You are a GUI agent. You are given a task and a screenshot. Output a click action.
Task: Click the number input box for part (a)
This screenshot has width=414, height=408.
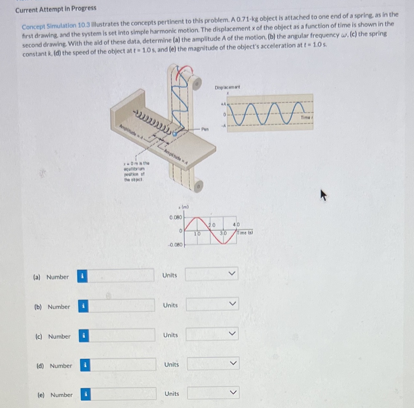click(121, 276)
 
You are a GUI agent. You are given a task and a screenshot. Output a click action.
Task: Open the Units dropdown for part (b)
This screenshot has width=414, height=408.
click(212, 304)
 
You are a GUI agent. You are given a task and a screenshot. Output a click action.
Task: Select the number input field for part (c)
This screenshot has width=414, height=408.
click(122, 335)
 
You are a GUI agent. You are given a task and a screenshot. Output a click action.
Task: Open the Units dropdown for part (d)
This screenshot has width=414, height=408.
click(213, 363)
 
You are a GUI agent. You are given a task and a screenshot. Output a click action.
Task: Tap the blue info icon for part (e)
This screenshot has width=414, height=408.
click(86, 394)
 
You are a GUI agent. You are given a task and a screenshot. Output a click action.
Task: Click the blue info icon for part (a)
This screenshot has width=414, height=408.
click(82, 276)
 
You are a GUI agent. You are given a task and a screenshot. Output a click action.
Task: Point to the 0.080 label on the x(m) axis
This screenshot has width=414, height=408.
click(175, 217)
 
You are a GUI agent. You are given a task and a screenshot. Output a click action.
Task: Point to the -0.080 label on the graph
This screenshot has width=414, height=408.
click(175, 245)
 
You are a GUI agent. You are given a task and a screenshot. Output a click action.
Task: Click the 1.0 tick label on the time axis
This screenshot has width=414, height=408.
click(197, 233)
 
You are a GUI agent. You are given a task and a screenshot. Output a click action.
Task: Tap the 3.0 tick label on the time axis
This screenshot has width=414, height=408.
click(223, 233)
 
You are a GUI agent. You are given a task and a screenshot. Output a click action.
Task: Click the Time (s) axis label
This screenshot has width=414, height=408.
click(245, 233)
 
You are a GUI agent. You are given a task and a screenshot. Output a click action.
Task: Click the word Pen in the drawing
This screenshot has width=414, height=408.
click(205, 129)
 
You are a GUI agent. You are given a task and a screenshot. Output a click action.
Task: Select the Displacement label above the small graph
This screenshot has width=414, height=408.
click(227, 87)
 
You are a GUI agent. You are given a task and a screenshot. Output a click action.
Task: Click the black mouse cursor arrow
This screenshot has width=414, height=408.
click(323, 195)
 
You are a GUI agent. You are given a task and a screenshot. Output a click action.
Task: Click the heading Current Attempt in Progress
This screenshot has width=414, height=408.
click(56, 9)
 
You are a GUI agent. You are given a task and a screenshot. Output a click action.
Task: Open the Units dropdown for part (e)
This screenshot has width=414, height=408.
click(213, 393)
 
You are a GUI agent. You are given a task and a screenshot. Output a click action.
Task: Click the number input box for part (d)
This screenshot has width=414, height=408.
click(123, 365)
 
